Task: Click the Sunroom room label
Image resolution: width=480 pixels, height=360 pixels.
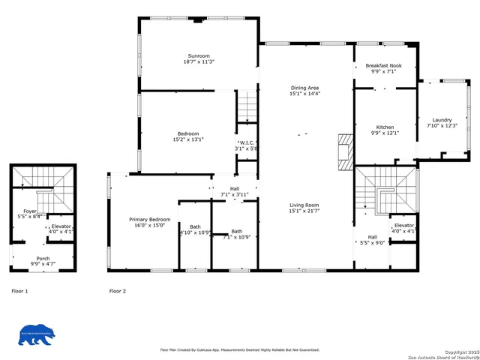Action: (x=199, y=56)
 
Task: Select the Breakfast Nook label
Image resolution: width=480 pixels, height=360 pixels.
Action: (x=383, y=66)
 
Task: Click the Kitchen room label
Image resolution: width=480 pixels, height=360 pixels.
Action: (x=385, y=127)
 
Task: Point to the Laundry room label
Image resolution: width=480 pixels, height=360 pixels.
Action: (x=442, y=120)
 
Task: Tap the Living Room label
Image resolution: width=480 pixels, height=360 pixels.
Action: (x=304, y=205)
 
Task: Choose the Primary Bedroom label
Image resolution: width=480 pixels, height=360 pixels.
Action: (x=150, y=219)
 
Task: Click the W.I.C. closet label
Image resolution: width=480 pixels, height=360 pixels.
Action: (x=247, y=142)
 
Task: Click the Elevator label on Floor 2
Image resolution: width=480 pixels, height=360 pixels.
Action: (x=403, y=225)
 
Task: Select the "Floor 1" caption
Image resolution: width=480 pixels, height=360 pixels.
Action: (x=19, y=290)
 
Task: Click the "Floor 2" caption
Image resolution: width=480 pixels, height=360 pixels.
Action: (x=117, y=290)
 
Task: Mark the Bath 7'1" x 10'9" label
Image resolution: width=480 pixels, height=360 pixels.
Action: (x=236, y=232)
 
